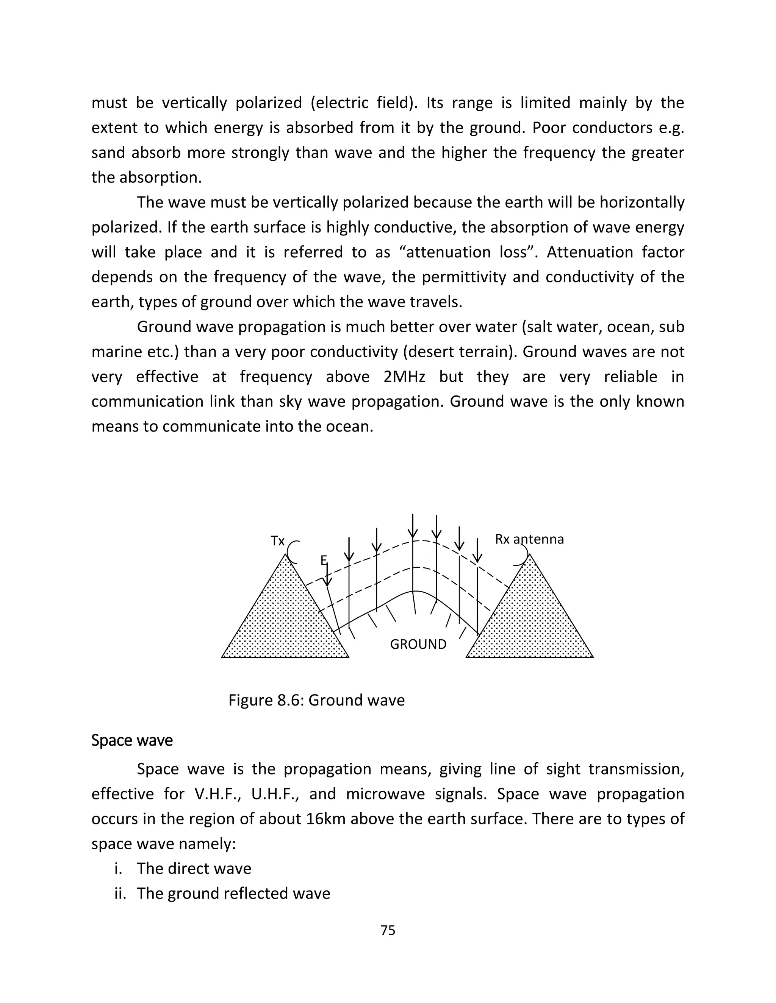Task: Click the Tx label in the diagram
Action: (277, 541)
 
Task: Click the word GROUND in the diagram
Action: (418, 644)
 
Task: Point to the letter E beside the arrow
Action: (323, 560)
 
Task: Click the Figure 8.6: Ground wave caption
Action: (316, 700)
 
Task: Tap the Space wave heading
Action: (132, 740)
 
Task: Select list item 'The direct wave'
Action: (194, 868)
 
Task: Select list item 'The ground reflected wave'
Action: (233, 893)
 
